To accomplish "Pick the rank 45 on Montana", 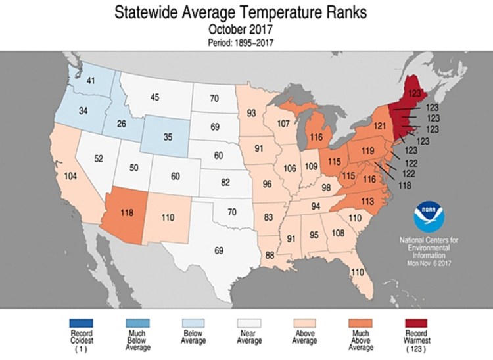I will pos(155,98).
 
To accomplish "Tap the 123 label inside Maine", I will pos(414,94).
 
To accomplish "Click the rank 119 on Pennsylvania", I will pos(367,150).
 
